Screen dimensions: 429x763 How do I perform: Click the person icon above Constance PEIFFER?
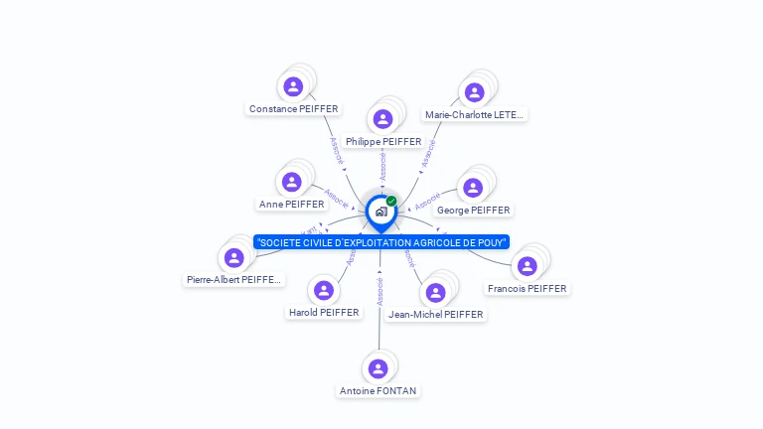tap(293, 86)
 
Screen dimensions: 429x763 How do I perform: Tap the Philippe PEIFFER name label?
tap(383, 141)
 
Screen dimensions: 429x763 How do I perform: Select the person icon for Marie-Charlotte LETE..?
tap(474, 92)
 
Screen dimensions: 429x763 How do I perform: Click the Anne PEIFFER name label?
tap(292, 204)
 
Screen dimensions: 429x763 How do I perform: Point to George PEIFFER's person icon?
tap(473, 188)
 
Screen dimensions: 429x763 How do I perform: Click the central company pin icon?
tap(381, 212)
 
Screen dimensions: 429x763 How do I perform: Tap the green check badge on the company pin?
tap(391, 201)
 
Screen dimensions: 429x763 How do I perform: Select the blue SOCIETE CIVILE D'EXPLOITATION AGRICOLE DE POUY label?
tap(381, 242)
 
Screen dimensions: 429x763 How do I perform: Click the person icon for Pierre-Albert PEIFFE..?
tap(234, 258)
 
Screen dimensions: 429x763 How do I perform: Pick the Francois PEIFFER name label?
tap(527, 288)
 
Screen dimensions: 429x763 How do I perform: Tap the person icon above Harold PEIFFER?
tap(323, 291)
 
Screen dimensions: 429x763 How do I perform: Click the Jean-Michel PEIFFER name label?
tap(435, 314)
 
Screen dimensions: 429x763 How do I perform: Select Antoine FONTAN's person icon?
tap(378, 368)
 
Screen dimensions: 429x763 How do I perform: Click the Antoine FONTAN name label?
tap(378, 390)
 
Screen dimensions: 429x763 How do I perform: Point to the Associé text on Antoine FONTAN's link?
tap(380, 290)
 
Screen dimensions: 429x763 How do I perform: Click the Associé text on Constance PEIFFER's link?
tap(335, 150)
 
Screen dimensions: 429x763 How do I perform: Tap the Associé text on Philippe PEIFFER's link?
tap(382, 165)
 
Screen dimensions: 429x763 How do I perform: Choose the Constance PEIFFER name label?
tap(293, 108)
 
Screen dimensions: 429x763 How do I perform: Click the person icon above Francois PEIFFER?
tap(527, 266)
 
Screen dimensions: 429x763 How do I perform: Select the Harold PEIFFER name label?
tap(324, 312)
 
